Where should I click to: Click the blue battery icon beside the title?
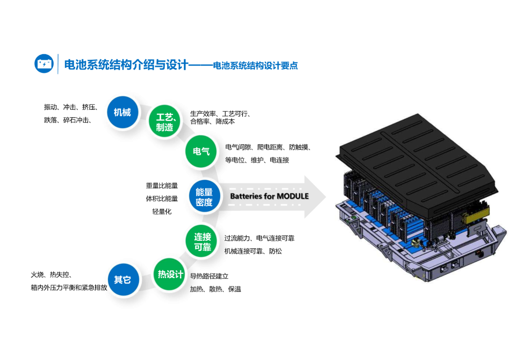tap(44, 64)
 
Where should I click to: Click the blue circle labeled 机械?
tap(123, 112)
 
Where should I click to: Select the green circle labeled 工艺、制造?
tap(164, 122)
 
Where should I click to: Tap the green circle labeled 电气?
tap(201, 151)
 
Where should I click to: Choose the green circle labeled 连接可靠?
tap(202, 242)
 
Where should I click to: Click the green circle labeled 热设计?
tap(169, 275)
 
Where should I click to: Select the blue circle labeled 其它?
tap(123, 279)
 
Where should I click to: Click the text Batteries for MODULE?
tap(270, 196)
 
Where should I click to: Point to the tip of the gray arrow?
tap(326, 196)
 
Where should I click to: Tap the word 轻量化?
tap(162, 212)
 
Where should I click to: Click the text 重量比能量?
tap(162, 186)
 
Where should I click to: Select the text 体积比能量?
tap(162, 199)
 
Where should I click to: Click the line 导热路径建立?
tap(209, 276)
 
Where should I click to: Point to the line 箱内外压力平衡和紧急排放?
tap(69, 287)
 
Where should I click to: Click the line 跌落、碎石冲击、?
tap(68, 120)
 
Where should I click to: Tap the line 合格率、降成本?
tap(212, 122)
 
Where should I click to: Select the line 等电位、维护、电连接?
tap(257, 160)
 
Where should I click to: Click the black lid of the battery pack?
tap(417, 162)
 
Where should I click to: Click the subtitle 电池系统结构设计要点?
tap(255, 66)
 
